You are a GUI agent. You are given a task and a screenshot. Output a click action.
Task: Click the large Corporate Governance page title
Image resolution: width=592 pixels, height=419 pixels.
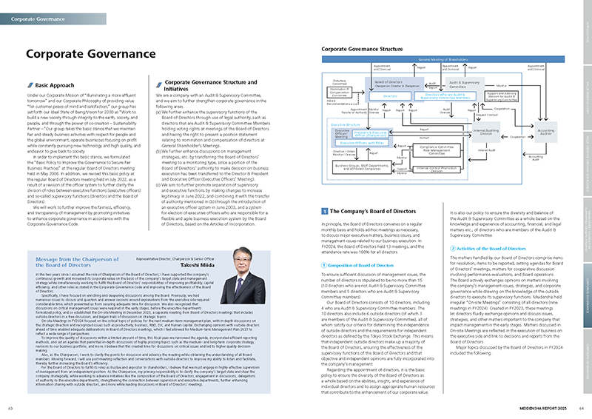pyautogui.click(x=81, y=53)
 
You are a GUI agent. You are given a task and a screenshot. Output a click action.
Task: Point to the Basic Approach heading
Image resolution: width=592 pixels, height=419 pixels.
pyautogui.click(x=55, y=86)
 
